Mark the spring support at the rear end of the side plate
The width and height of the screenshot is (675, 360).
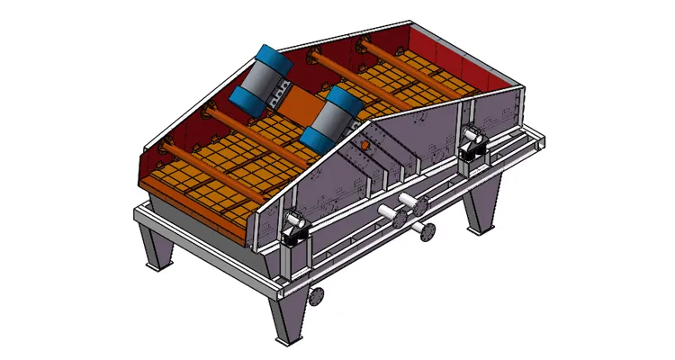pyautogui.click(x=470, y=145)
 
